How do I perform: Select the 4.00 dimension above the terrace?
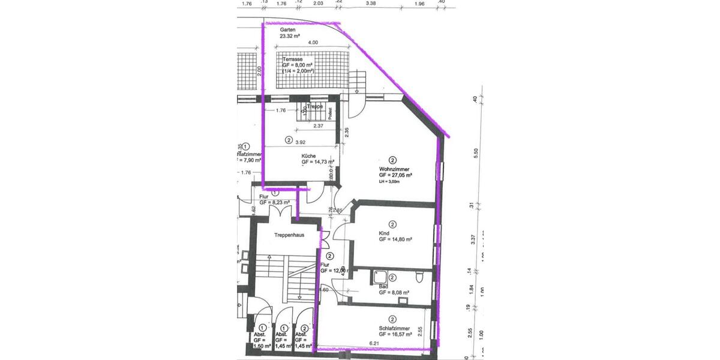[x=313, y=43]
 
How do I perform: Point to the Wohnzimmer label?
[x=395, y=169]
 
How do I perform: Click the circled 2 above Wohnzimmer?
[x=392, y=160]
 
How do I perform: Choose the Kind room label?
[x=384, y=233]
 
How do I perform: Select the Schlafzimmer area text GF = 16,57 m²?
[x=395, y=334]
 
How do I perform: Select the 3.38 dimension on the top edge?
[x=371, y=4]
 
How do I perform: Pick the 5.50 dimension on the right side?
[x=475, y=153]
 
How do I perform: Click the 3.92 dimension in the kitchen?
[x=309, y=142]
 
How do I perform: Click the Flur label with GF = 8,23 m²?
[x=263, y=196]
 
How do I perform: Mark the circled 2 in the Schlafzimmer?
[x=392, y=319]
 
